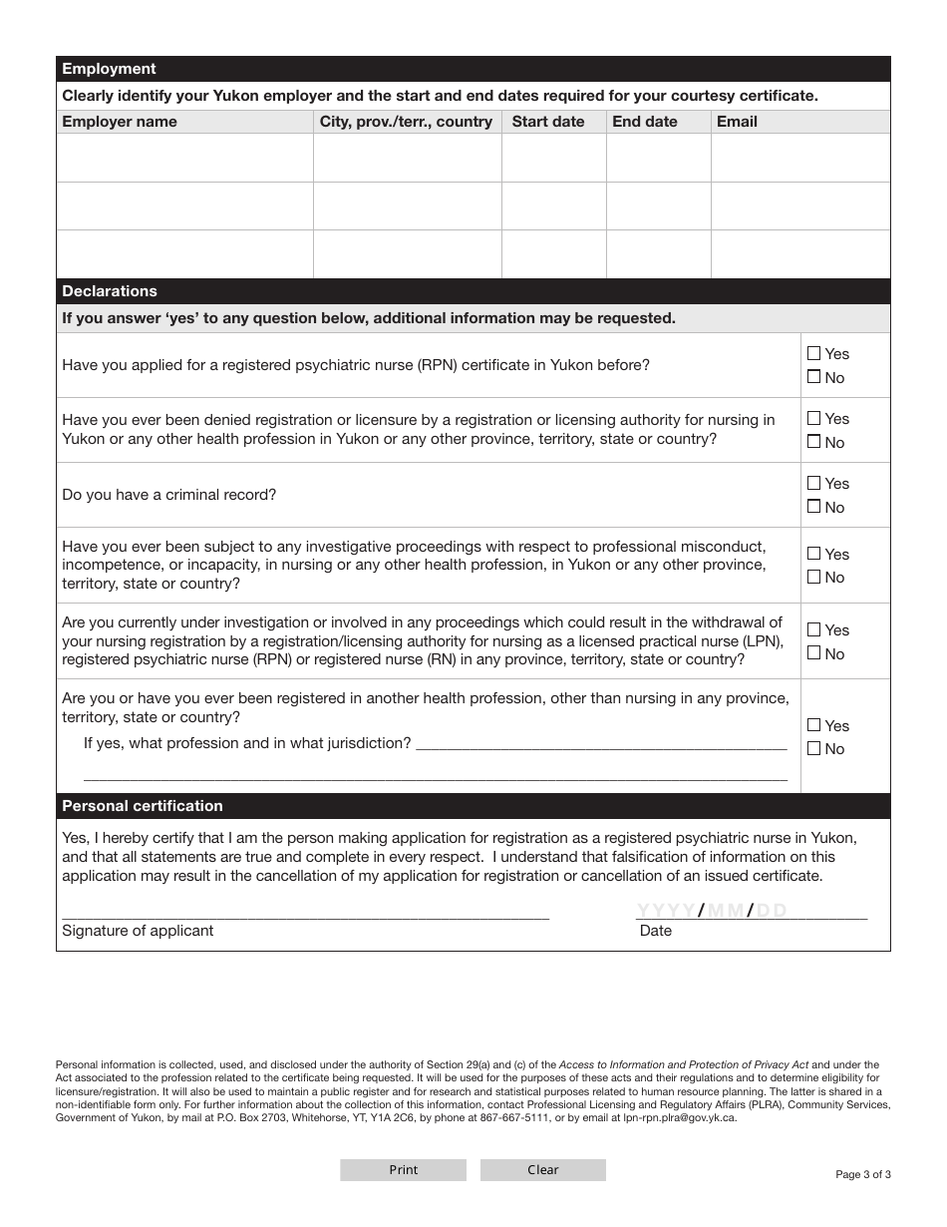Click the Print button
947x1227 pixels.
(x=403, y=1170)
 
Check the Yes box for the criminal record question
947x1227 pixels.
(x=814, y=484)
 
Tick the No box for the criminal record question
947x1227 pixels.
(x=814, y=507)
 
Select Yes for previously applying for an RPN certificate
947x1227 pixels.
(x=814, y=353)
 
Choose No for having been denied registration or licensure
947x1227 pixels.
(x=814, y=442)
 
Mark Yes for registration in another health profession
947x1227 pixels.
(x=814, y=725)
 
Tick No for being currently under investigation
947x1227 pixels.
(x=814, y=653)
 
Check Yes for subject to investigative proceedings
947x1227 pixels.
(x=814, y=554)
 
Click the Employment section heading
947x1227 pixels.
(x=110, y=69)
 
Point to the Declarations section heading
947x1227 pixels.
(x=110, y=291)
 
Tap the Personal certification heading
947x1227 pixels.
(x=143, y=806)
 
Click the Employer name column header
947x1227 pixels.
(x=120, y=122)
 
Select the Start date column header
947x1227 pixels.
(x=548, y=122)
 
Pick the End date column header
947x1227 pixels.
(x=645, y=122)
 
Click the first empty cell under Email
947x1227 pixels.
(x=799, y=158)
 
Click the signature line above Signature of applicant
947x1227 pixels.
(x=305, y=910)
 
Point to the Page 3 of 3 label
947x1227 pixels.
(x=862, y=1174)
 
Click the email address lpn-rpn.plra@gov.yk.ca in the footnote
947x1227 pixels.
(x=673, y=1118)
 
